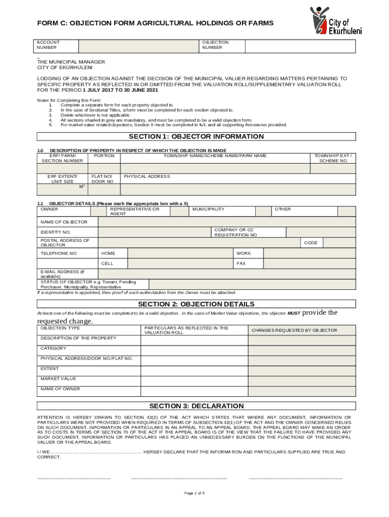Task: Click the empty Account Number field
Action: click(136, 45)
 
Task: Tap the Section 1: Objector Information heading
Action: click(196, 137)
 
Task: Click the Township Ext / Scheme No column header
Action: click(333, 158)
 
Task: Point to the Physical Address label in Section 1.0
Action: click(147, 177)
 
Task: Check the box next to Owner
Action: click(88, 212)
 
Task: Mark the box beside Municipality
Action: click(255, 212)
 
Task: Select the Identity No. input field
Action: click(154, 232)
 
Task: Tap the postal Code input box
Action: click(339, 243)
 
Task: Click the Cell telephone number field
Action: click(180, 264)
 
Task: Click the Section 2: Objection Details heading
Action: click(196, 304)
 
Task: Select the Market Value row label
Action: click(59, 379)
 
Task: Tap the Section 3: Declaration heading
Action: click(196, 406)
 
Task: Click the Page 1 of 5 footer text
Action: click(194, 493)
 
